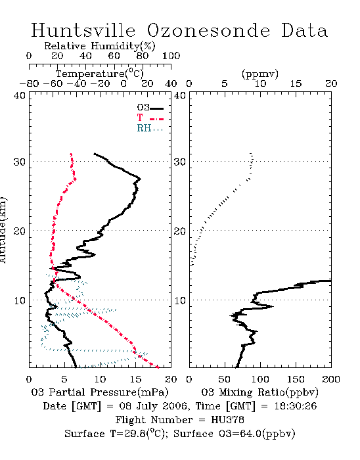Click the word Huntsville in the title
coord(83,30)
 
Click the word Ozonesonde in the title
coord(208,30)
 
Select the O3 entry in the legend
coord(150,107)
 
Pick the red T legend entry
coord(150,118)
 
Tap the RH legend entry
coord(150,128)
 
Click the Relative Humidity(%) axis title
coord(100,46)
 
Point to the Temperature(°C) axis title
coord(100,74)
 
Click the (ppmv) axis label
coord(260,74)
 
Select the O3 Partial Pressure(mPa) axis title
coord(100,392)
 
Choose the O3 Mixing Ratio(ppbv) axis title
coord(259,392)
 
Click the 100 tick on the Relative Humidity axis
coord(171,56)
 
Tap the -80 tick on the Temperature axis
coord(29,83)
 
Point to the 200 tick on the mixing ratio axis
coord(331,379)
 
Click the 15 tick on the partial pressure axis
coord(135,379)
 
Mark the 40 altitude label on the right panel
coord(179,95)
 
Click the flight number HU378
coord(227,420)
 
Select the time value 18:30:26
coord(296,406)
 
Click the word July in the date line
coord(148,406)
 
